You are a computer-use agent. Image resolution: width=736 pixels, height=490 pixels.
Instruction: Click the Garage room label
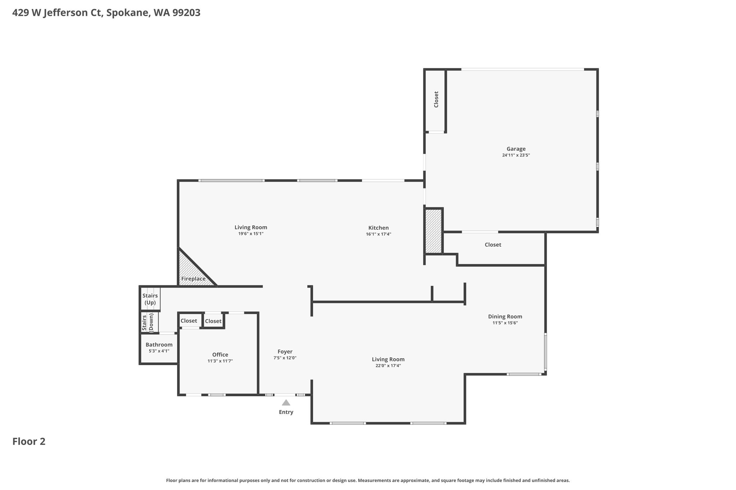click(516, 149)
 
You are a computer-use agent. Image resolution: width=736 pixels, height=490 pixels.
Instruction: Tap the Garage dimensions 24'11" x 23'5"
click(516, 155)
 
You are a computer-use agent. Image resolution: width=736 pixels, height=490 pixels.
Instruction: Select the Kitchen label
click(378, 228)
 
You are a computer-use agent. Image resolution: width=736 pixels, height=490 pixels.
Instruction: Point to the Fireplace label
click(193, 279)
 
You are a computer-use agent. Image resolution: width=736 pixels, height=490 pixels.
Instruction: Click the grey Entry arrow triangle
click(286, 403)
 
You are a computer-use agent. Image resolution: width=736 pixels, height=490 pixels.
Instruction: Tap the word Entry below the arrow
click(286, 412)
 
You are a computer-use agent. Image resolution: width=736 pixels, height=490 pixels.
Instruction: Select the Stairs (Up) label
click(150, 299)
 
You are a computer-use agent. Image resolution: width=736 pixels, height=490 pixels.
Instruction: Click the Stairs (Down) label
click(148, 322)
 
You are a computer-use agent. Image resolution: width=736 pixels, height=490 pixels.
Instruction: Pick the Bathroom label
click(159, 345)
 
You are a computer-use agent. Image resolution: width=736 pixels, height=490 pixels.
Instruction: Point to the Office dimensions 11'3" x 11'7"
click(220, 361)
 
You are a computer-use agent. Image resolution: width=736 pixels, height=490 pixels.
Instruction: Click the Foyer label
click(285, 352)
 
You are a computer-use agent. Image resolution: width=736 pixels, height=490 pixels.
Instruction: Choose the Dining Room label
click(505, 317)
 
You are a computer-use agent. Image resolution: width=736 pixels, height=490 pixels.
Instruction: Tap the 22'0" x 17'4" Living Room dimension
click(388, 366)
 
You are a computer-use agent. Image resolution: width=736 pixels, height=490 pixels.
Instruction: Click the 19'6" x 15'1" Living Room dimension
click(251, 234)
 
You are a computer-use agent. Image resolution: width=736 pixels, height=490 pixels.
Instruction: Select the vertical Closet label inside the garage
click(436, 99)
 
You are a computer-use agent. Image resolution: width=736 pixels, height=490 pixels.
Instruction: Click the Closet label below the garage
click(493, 245)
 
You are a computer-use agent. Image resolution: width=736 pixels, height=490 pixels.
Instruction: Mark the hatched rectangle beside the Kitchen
click(433, 231)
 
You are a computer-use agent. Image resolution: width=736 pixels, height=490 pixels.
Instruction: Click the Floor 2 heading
click(29, 442)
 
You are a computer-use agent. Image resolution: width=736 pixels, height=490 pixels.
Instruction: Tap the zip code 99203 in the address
click(186, 13)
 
